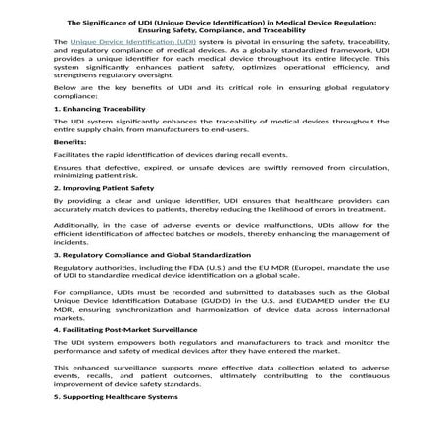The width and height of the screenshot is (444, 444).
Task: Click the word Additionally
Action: pyautogui.click(x=80, y=253)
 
